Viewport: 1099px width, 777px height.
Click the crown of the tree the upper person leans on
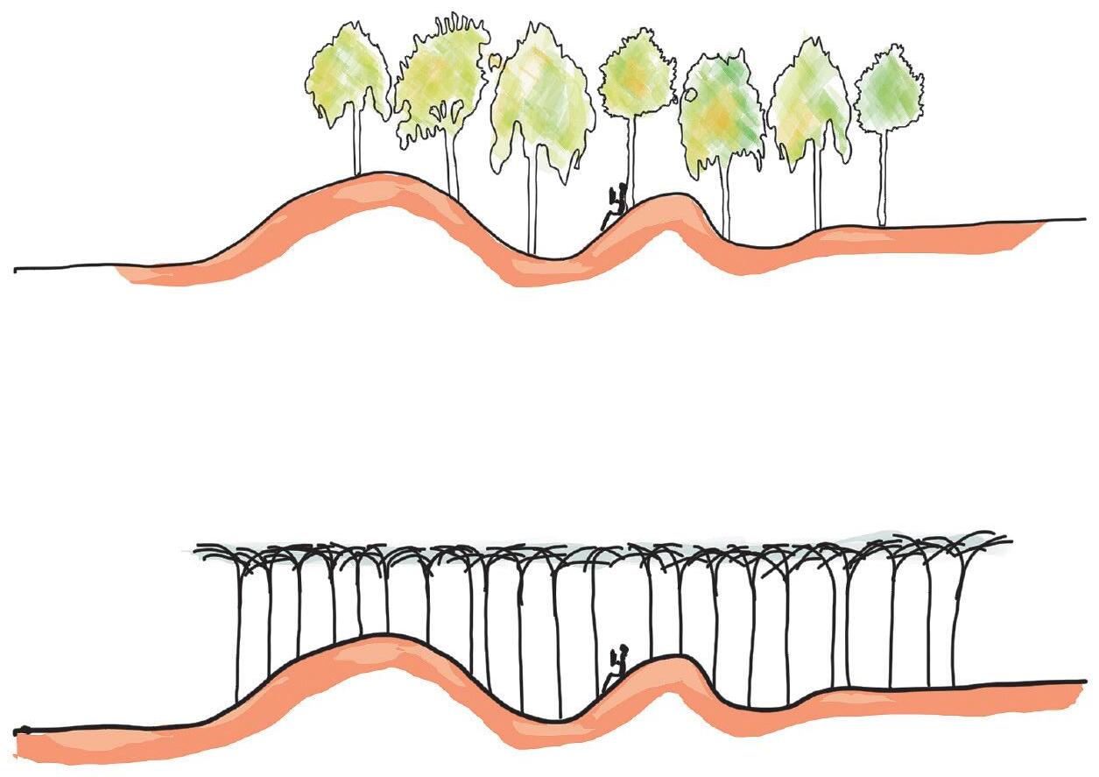coord(636,74)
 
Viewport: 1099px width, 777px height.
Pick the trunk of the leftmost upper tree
coord(357,140)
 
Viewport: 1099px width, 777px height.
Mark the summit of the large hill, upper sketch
coord(385,174)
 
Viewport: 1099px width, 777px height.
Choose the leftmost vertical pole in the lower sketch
coord(238,631)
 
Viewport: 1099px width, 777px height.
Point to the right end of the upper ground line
coord(1085,218)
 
